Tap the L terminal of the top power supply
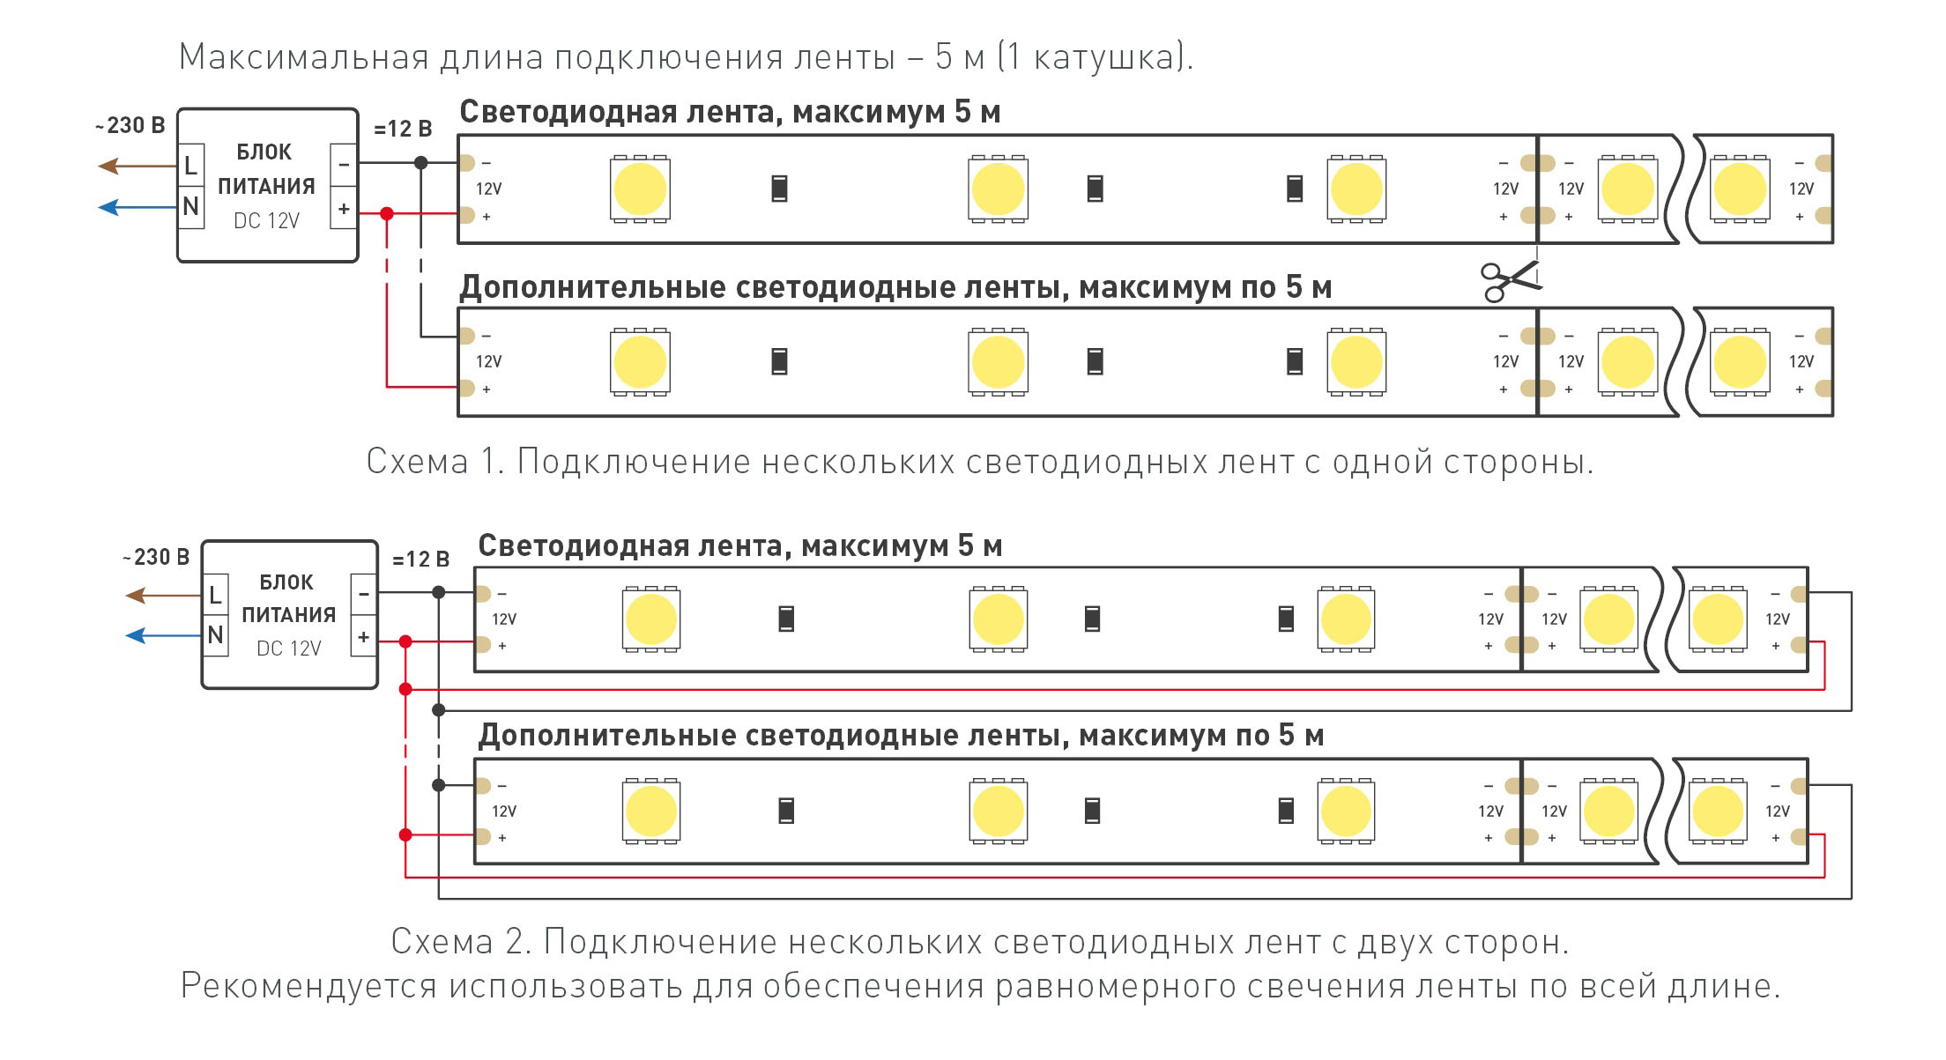tap(191, 165)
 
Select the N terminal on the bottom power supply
tap(216, 635)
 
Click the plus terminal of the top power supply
tap(344, 209)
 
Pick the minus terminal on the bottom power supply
tap(363, 595)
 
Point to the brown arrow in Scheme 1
tap(137, 166)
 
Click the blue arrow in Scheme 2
tap(164, 635)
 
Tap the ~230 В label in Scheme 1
tap(130, 125)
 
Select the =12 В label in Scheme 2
tap(421, 560)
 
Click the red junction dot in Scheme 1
tap(387, 213)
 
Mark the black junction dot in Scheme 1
tap(421, 162)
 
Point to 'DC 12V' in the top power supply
tap(266, 220)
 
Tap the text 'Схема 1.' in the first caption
tap(435, 461)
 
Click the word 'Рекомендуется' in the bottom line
tap(308, 987)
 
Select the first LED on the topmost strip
tap(640, 189)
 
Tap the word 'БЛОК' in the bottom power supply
tap(286, 582)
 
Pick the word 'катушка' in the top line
tap(1107, 58)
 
